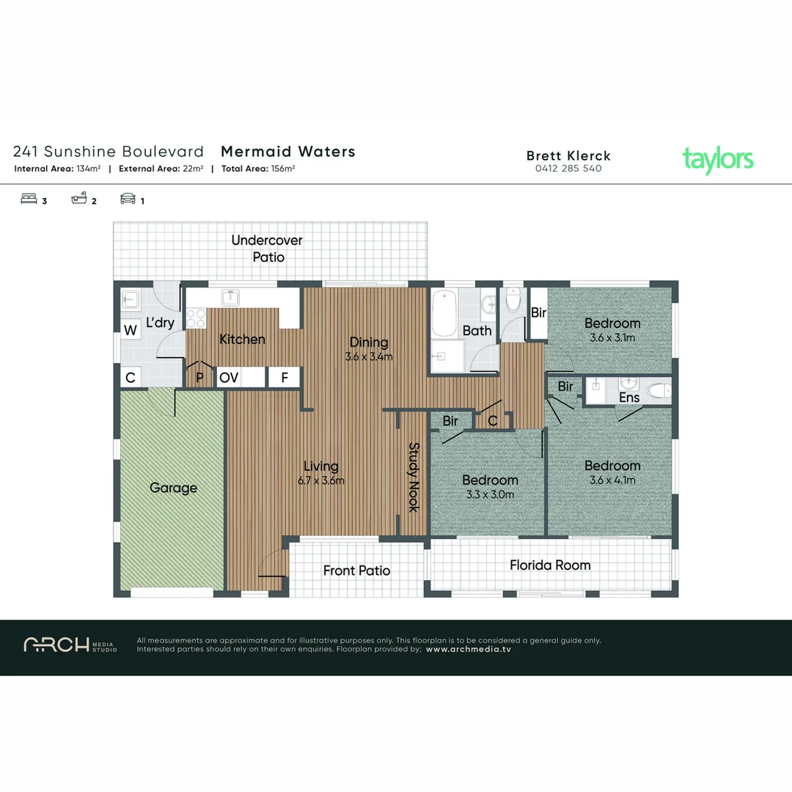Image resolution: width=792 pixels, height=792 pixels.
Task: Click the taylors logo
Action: (717, 160)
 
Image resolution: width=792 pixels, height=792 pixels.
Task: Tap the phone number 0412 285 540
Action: (568, 169)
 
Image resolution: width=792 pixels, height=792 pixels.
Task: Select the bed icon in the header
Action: (29, 199)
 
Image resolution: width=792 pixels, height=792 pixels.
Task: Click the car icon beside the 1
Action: (128, 199)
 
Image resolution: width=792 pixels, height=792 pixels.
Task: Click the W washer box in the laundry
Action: (131, 331)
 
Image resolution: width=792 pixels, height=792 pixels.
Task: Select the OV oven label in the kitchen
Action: (229, 378)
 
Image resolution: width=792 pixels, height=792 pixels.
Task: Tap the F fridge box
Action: (284, 378)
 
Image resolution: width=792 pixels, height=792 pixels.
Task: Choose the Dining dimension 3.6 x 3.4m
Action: (369, 357)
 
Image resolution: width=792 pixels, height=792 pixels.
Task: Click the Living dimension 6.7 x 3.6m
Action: (320, 480)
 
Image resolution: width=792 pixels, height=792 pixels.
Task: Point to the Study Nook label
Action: (414, 477)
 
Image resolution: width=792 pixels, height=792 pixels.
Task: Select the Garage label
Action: (173, 488)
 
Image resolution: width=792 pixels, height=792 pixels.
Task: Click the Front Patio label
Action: (356, 571)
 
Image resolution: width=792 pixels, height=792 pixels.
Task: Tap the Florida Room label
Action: (550, 565)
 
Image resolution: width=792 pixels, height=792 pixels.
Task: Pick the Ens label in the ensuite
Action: (629, 397)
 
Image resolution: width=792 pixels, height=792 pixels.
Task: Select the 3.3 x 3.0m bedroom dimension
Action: (490, 494)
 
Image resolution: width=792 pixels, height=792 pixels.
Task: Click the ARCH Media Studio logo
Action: (70, 645)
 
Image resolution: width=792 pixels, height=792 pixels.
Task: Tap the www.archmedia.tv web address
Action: (469, 649)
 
